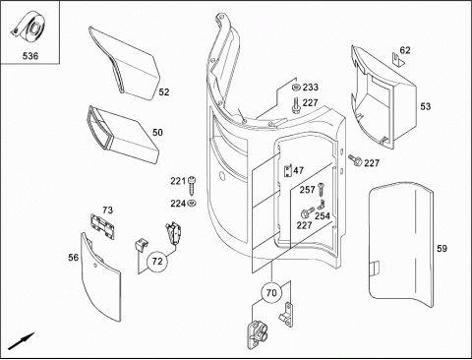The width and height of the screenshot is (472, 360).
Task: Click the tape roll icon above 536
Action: tap(29, 28)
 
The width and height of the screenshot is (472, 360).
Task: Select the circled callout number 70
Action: tap(271, 292)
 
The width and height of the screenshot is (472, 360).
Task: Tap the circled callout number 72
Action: tap(157, 262)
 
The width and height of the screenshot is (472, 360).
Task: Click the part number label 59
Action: tap(442, 249)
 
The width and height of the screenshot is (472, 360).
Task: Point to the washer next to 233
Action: tap(296, 88)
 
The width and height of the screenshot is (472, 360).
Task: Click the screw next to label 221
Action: tap(191, 185)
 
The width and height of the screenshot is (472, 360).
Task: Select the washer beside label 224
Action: tap(192, 204)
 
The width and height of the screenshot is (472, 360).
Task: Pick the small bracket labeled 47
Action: tap(287, 171)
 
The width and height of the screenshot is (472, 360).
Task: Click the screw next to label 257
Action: tap(321, 189)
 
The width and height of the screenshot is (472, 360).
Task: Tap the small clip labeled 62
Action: tap(397, 59)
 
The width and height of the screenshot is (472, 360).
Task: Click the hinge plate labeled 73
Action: tap(102, 226)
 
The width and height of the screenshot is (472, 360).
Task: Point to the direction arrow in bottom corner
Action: tap(22, 341)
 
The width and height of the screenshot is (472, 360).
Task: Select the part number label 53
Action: tap(426, 106)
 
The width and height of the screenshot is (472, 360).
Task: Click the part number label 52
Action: tap(164, 92)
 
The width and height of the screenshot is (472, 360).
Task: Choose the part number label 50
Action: tap(157, 133)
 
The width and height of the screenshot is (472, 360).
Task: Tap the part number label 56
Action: tap(74, 258)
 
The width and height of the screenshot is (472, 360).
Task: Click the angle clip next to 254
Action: tap(322, 205)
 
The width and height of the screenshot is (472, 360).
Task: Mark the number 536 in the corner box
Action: tap(30, 56)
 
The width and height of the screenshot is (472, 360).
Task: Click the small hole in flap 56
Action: tap(94, 266)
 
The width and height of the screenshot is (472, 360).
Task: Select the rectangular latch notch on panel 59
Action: tap(375, 270)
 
